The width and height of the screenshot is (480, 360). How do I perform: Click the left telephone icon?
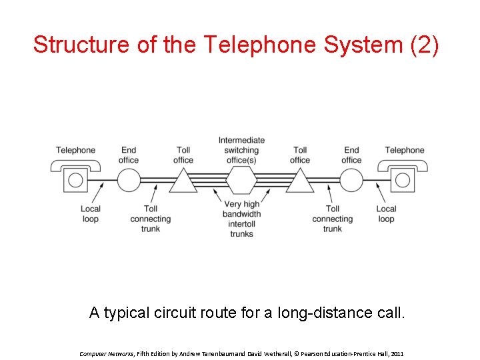pyautogui.click(x=75, y=177)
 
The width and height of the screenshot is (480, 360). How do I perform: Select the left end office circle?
pyautogui.click(x=129, y=180)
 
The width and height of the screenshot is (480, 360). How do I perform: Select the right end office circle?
pyautogui.click(x=351, y=180)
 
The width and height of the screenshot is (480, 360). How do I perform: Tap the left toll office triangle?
pyautogui.click(x=183, y=181)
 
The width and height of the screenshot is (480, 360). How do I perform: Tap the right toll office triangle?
pyautogui.click(x=300, y=181)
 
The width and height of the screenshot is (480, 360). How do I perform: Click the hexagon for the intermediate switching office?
pyautogui.click(x=241, y=180)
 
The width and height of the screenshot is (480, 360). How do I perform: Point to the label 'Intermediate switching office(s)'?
pyautogui.click(x=241, y=150)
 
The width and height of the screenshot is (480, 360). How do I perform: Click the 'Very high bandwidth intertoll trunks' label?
pyautogui.click(x=241, y=219)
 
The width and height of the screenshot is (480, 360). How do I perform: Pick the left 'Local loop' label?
pyautogui.click(x=90, y=213)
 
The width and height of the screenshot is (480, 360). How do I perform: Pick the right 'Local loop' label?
pyautogui.click(x=386, y=213)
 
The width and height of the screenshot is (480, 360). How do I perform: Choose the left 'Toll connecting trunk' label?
pyautogui.click(x=150, y=219)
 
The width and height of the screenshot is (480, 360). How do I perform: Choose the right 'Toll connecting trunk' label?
pyautogui.click(x=332, y=219)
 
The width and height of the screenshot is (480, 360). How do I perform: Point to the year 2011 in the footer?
pyautogui.click(x=396, y=353)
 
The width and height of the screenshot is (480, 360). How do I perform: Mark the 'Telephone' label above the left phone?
pyautogui.click(x=75, y=150)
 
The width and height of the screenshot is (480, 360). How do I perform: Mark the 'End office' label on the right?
pyautogui.click(x=351, y=155)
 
